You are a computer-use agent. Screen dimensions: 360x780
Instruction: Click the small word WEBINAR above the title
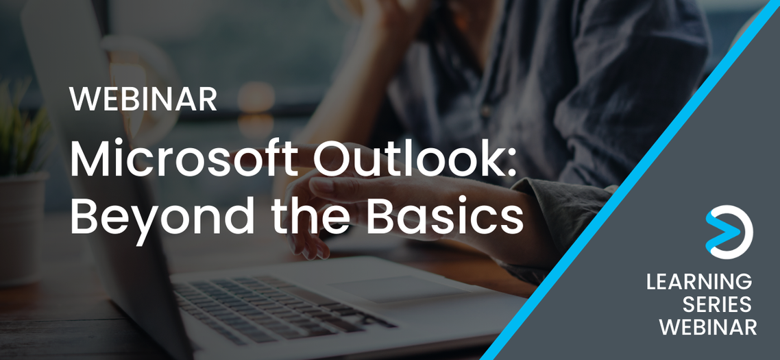(x=143, y=100)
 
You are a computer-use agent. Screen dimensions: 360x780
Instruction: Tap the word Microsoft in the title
(x=182, y=160)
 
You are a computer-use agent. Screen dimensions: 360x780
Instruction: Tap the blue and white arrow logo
(x=729, y=232)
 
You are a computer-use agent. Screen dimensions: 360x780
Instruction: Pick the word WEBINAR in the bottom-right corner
(x=708, y=327)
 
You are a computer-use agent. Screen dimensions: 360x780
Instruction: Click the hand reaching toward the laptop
(x=343, y=206)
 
